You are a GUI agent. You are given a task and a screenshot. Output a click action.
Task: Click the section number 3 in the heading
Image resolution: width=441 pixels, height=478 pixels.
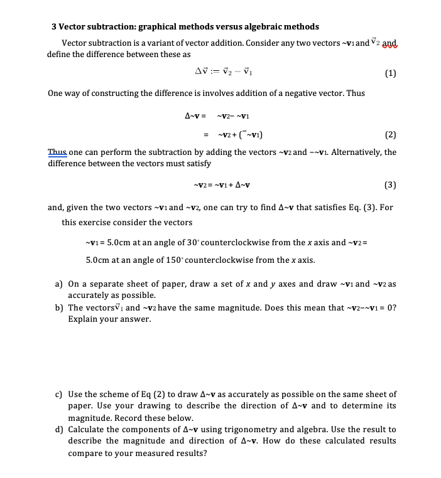point(55,27)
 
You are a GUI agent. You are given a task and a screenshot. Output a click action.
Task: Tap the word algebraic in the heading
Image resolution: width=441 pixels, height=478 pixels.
point(261,27)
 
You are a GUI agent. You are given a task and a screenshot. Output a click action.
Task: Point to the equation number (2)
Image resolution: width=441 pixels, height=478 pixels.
point(389,134)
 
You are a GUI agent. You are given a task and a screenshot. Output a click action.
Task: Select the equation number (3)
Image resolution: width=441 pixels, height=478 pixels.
point(389,184)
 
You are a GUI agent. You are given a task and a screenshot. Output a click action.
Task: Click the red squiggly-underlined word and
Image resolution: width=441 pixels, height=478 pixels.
point(390,43)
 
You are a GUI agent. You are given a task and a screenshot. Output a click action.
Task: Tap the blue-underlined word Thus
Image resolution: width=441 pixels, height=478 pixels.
point(57,152)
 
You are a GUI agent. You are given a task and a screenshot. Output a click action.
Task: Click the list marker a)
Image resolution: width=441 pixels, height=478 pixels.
point(59,284)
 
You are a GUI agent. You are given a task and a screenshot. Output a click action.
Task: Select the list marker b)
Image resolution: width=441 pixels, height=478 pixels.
point(59,307)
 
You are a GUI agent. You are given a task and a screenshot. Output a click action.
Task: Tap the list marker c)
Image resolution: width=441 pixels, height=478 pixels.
point(59,395)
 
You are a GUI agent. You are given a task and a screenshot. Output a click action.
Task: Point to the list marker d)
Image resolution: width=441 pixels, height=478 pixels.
point(59,430)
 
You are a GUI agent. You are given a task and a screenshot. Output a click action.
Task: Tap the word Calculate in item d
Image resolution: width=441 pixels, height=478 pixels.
point(87,430)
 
